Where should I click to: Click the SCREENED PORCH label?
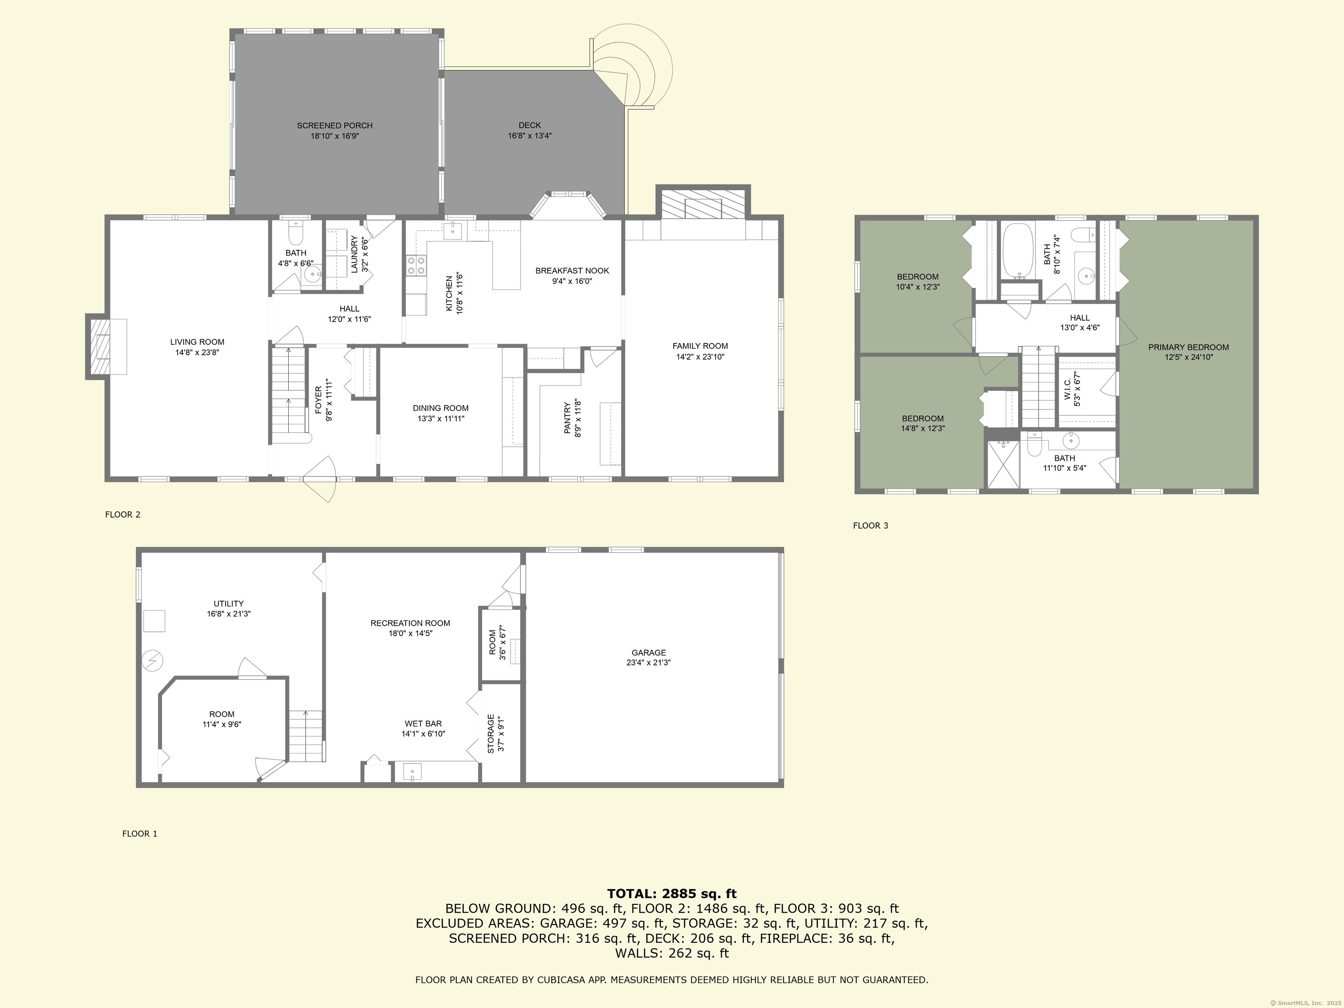tap(334, 126)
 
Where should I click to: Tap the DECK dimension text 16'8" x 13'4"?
tap(530, 136)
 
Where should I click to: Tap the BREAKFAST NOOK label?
tap(572, 271)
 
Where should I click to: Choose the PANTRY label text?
tap(567, 418)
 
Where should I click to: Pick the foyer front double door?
tap(320, 480)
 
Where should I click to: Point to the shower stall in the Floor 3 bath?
tap(1002, 464)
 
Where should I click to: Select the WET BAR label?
tap(423, 724)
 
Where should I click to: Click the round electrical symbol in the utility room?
tap(153, 661)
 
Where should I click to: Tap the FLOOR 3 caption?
tap(870, 525)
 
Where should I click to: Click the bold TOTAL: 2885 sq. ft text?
tap(672, 894)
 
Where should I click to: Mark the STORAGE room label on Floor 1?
tap(491, 733)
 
